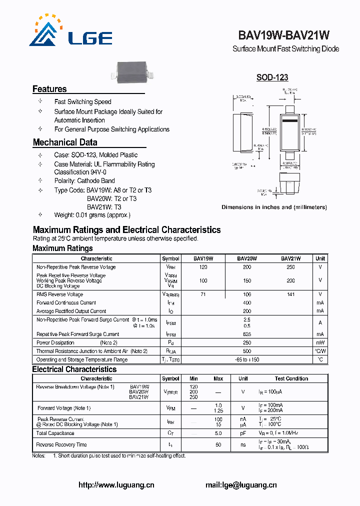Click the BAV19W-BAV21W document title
(283, 35)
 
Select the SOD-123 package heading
(272, 77)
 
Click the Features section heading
(49, 89)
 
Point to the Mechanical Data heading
(65, 142)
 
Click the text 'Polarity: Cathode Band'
(84, 181)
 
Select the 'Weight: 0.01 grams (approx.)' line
(92, 215)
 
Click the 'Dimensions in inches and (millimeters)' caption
(274, 207)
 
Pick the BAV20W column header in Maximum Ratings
(247, 258)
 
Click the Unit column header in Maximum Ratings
(320, 258)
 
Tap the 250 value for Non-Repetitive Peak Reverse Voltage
(290, 267)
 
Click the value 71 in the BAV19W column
(203, 294)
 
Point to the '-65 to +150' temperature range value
(246, 359)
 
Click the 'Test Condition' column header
(291, 378)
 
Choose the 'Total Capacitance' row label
(55, 433)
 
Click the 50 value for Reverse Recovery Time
(218, 444)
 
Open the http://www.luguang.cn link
(116, 485)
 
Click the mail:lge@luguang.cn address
(241, 485)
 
